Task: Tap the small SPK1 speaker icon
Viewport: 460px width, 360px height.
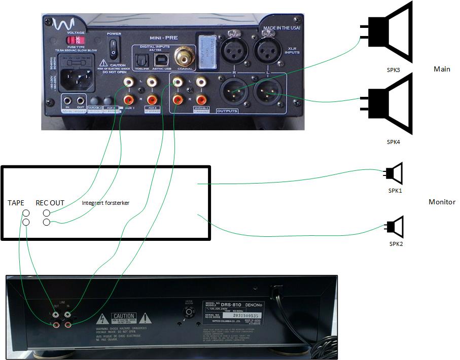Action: coord(395,173)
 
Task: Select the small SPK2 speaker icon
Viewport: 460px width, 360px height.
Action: coord(395,227)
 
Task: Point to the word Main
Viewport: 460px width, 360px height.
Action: coord(442,69)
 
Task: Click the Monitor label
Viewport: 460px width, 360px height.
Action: coord(442,202)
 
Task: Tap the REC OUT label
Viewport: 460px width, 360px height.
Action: coord(50,203)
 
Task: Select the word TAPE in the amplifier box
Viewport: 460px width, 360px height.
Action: coord(16,203)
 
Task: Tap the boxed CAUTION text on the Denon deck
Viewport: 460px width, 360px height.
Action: coord(124,316)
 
